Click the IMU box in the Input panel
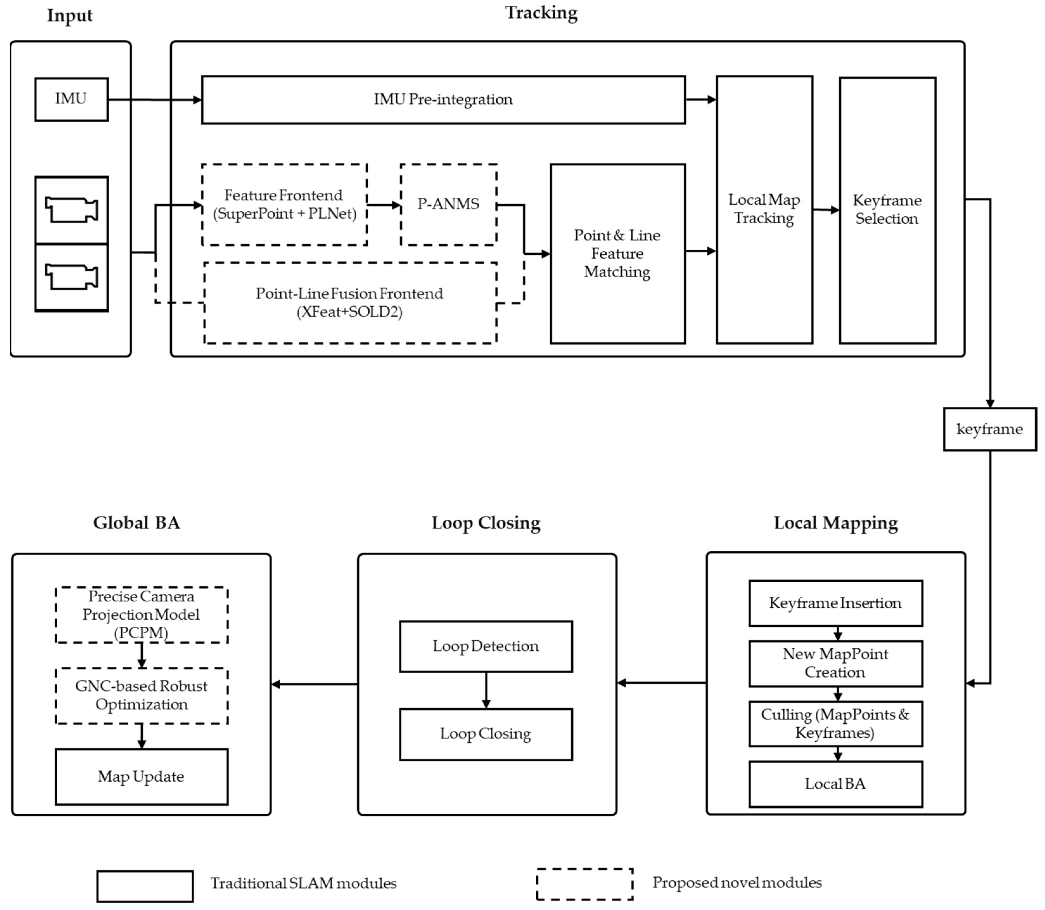pos(71,99)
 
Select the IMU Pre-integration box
pos(443,99)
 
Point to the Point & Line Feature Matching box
pos(618,253)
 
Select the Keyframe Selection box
pos(887,210)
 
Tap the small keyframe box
pos(990,429)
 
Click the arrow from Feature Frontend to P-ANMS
pos(384,205)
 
